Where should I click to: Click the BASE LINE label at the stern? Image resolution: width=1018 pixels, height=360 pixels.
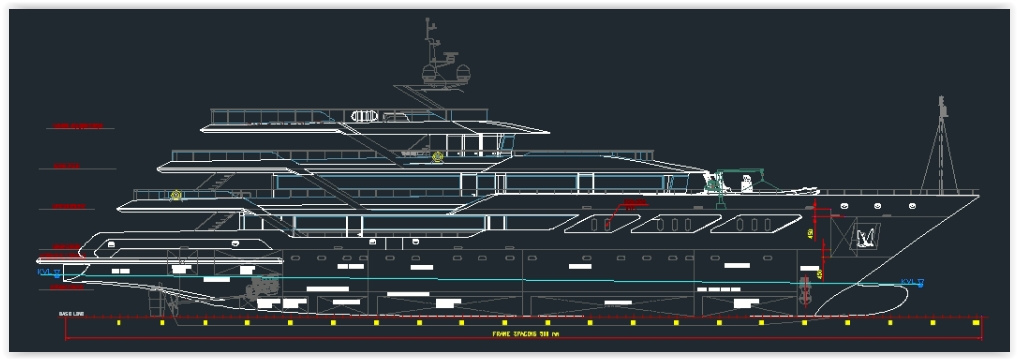(x=71, y=314)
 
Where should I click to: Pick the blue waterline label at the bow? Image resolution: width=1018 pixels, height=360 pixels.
(x=911, y=281)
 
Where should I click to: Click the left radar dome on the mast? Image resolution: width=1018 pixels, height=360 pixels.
(x=433, y=73)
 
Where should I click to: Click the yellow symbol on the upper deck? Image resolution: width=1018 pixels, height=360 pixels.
(x=437, y=156)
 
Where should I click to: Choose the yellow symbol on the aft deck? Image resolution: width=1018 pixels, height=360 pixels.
(x=177, y=195)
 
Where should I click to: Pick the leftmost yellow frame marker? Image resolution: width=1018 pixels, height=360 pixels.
(x=118, y=323)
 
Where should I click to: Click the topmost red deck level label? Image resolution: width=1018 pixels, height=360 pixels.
(x=79, y=127)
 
